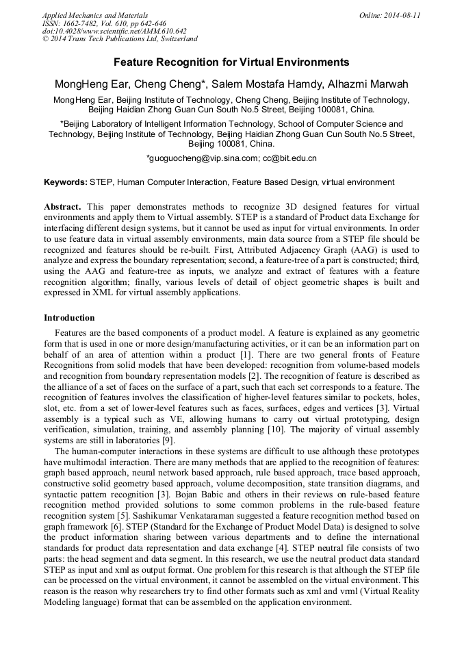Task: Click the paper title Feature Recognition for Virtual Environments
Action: [231, 62]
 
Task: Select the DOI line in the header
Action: [114, 31]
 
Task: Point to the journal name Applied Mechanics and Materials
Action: [95, 15]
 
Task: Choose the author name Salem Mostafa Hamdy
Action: [267, 84]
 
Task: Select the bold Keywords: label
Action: [66, 182]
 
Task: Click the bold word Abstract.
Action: [62, 206]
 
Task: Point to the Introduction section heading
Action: [69, 318]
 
